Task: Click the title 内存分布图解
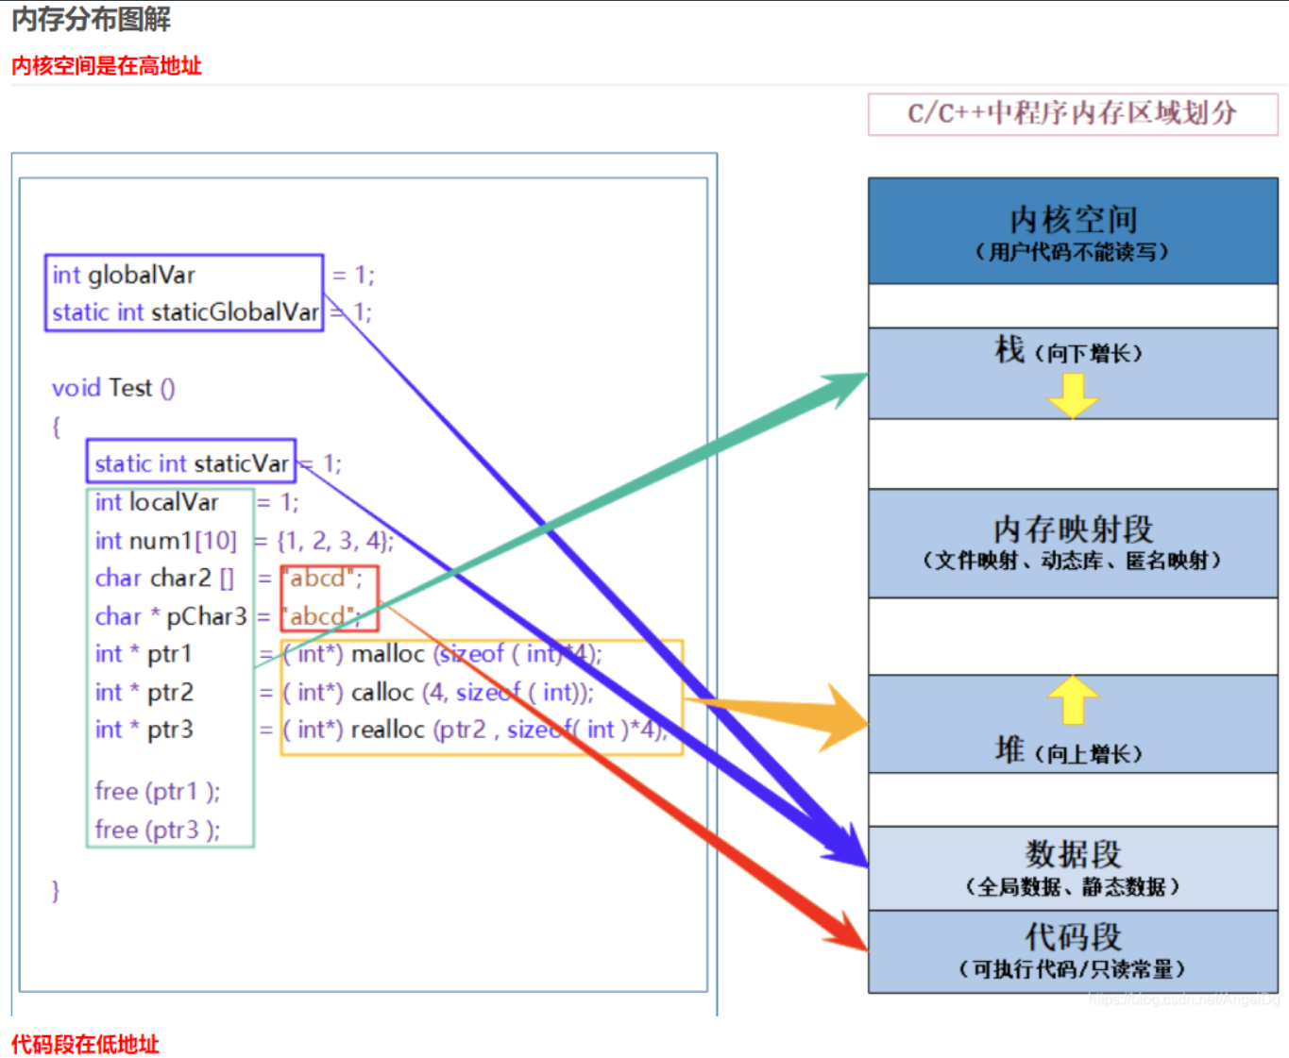pos(92,19)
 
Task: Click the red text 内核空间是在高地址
pos(107,65)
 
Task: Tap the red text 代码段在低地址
pos(85,1044)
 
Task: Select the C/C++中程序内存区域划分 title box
pos(1072,113)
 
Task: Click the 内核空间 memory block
pos(1072,231)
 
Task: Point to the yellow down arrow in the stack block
pos(1073,395)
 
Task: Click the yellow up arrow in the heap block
pos(1073,699)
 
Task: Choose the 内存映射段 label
pos(1072,529)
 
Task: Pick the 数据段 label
pos(1073,854)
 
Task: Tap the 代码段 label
pos(1073,937)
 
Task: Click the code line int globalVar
pos(124,275)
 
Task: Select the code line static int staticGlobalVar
pos(185,312)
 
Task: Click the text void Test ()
pos(113,388)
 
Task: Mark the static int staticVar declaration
pos(192,463)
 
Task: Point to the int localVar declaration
pos(157,502)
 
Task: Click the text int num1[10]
pos(165,541)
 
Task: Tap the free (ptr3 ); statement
pos(158,830)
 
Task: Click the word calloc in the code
pos(382,693)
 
